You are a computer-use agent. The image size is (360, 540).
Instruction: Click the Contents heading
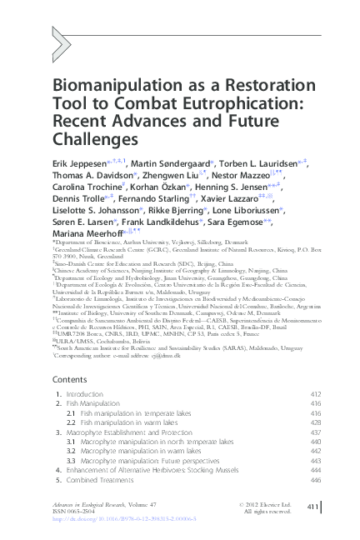pyautogui.click(x=71, y=378)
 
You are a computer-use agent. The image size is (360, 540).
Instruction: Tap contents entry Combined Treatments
pyautogui.click(x=102, y=481)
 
